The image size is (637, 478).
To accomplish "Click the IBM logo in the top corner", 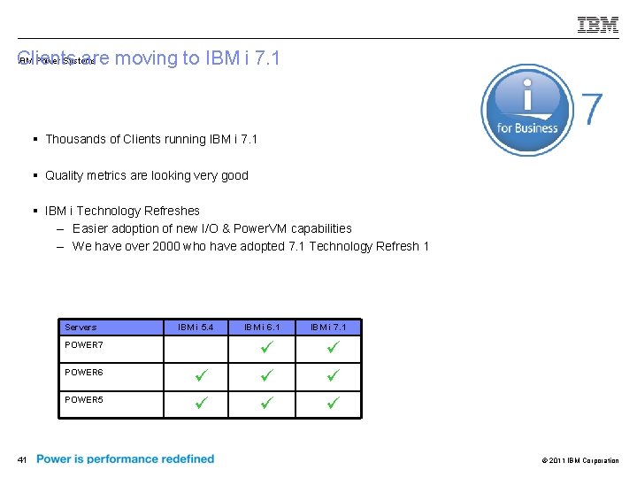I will (598, 25).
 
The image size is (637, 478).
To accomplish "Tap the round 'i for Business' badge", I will (526, 111).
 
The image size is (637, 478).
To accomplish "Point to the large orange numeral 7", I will (592, 110).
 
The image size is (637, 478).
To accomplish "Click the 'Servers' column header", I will (81, 328).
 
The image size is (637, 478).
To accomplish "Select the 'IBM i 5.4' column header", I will (196, 328).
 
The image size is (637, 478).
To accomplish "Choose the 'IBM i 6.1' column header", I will (262, 328).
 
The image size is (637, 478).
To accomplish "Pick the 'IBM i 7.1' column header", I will (328, 328).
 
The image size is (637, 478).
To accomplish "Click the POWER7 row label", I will (84, 345).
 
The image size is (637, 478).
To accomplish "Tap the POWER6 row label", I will (84, 373).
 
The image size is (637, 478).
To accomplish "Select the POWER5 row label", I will (84, 400).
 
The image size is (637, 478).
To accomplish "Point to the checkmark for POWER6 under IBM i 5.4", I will (201, 375).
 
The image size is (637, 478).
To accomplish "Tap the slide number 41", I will (23, 459).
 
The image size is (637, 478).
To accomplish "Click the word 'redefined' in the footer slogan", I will (187, 459).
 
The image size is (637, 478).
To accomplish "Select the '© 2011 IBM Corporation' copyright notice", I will (579, 460).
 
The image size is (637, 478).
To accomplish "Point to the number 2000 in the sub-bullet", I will (163, 246).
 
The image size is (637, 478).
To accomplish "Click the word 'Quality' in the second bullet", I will (64, 175).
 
